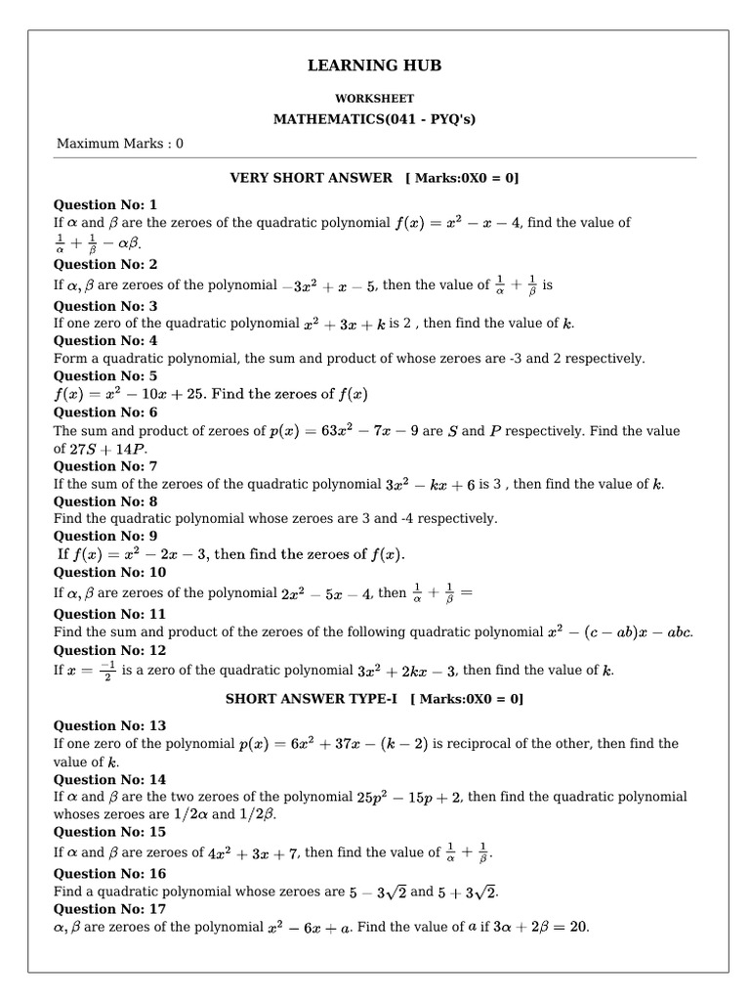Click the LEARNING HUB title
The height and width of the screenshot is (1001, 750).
[374, 65]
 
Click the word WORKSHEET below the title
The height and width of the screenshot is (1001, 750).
[374, 99]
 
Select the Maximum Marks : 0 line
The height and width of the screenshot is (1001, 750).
[120, 144]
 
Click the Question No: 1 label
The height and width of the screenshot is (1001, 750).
[104, 205]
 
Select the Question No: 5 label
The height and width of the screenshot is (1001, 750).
[104, 376]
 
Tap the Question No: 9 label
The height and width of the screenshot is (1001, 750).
[104, 537]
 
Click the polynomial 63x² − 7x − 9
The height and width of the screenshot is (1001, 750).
[348, 431]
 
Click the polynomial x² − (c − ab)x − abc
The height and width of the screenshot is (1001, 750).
[619, 632]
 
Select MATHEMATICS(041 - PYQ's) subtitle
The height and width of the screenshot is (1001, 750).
[374, 119]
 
